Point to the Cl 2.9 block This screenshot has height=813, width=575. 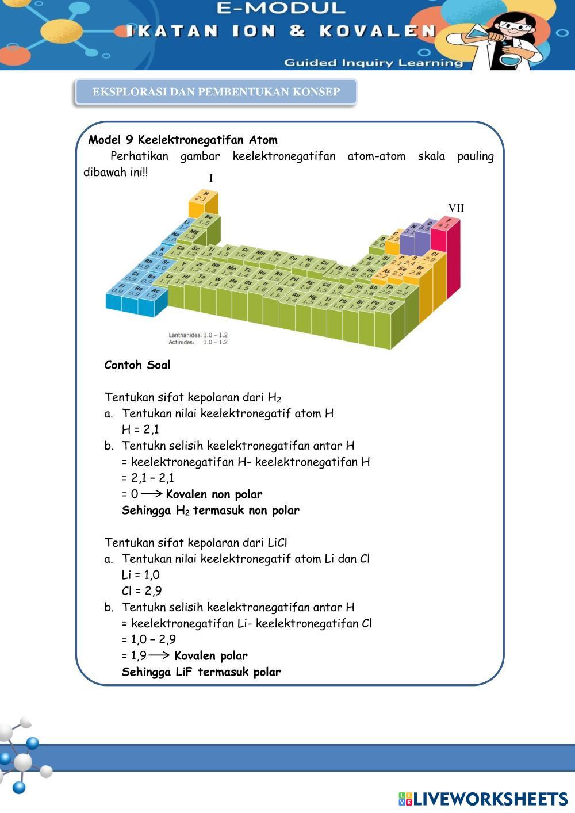click(x=431, y=256)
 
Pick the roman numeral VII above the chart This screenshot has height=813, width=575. click(x=456, y=208)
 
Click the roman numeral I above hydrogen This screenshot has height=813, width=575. click(x=211, y=178)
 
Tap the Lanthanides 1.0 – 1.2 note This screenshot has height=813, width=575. click(x=198, y=335)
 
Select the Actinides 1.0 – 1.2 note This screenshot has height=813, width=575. click(x=198, y=342)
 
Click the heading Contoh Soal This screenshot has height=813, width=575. click(x=137, y=365)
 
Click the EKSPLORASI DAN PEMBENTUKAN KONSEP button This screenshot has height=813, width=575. click(x=216, y=92)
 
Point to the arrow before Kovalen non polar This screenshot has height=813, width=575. click(x=152, y=494)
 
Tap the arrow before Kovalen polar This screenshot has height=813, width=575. click(x=159, y=655)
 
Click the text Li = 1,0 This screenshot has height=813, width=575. click(x=141, y=575)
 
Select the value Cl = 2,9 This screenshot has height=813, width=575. click(x=141, y=591)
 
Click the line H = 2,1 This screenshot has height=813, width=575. click(x=140, y=429)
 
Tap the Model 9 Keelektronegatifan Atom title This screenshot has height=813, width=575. click(x=183, y=140)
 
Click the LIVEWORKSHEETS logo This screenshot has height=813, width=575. click(x=483, y=799)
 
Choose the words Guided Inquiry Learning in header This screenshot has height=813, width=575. click(x=373, y=63)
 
